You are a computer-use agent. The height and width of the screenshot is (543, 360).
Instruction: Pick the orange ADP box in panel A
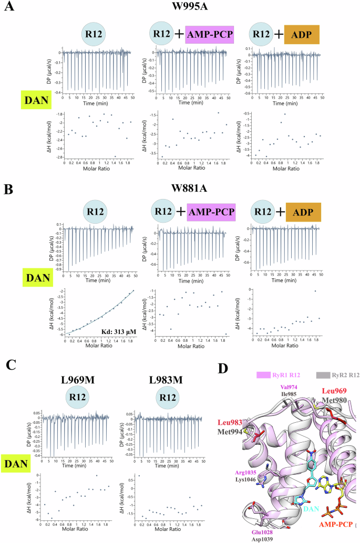302,35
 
